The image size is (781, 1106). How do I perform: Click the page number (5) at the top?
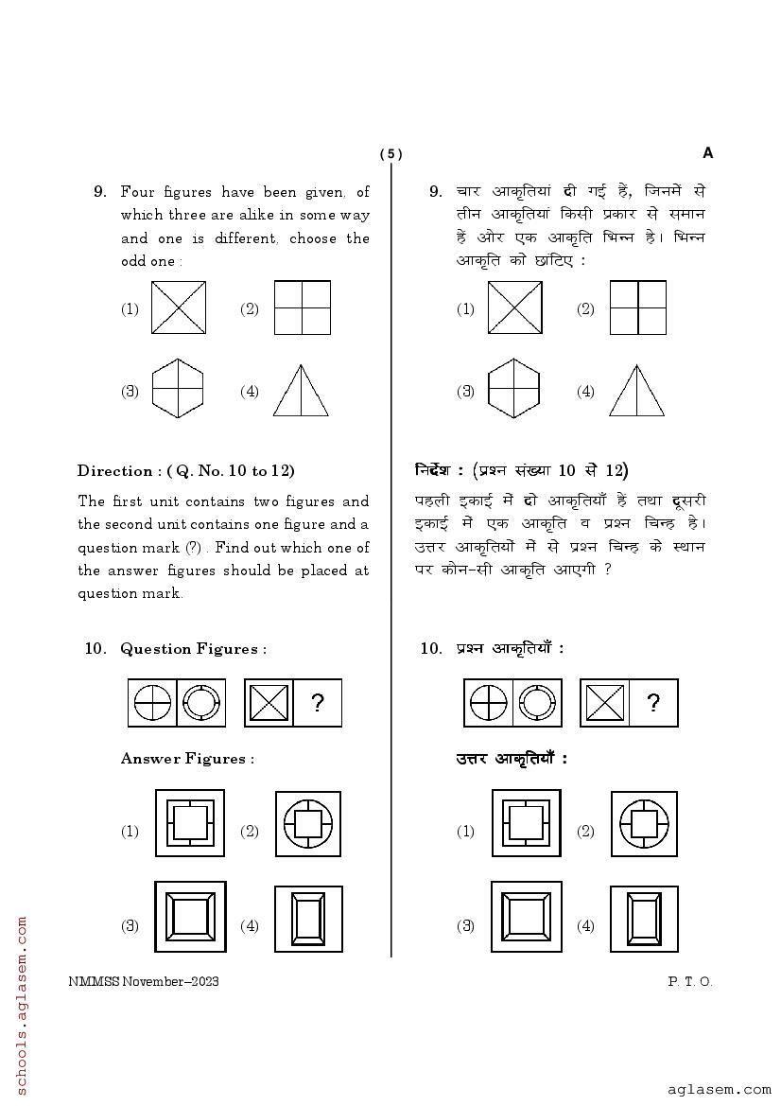(x=390, y=154)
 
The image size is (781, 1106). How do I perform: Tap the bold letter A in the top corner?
(x=708, y=153)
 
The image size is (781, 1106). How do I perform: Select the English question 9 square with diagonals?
(x=179, y=307)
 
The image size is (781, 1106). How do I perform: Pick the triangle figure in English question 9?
(x=301, y=390)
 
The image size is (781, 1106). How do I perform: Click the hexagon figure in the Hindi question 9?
(x=513, y=388)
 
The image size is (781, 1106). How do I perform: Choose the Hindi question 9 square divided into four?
(x=638, y=307)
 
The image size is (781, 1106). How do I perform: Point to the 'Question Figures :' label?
(x=193, y=649)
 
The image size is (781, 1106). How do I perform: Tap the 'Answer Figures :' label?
(x=187, y=759)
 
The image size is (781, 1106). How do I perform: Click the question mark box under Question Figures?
(x=318, y=703)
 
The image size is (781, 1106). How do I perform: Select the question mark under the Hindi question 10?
(x=653, y=703)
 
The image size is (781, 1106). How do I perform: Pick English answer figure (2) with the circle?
(x=308, y=824)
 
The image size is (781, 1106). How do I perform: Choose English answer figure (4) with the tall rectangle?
(x=308, y=919)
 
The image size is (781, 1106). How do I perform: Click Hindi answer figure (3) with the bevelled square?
(x=526, y=918)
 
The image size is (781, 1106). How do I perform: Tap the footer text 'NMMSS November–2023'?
(x=144, y=981)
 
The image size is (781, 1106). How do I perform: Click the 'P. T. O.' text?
(x=690, y=981)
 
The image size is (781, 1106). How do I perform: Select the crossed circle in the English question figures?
(x=152, y=703)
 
